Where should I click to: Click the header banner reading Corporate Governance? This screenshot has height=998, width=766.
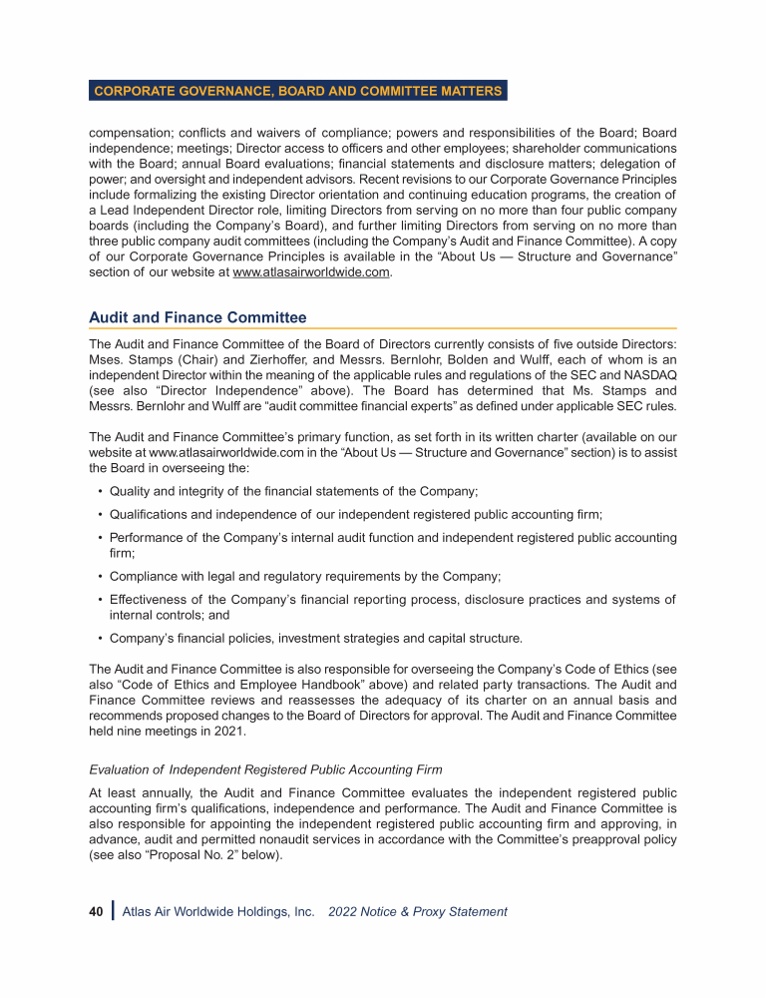click(x=297, y=91)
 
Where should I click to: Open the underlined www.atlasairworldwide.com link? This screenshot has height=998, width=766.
click(x=309, y=275)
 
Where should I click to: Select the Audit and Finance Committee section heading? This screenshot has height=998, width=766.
click(x=197, y=317)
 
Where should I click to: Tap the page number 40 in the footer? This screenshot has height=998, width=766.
click(x=96, y=911)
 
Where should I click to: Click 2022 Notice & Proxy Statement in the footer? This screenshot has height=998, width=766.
click(x=417, y=911)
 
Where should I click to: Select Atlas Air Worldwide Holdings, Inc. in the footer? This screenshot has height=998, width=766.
click(x=217, y=911)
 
